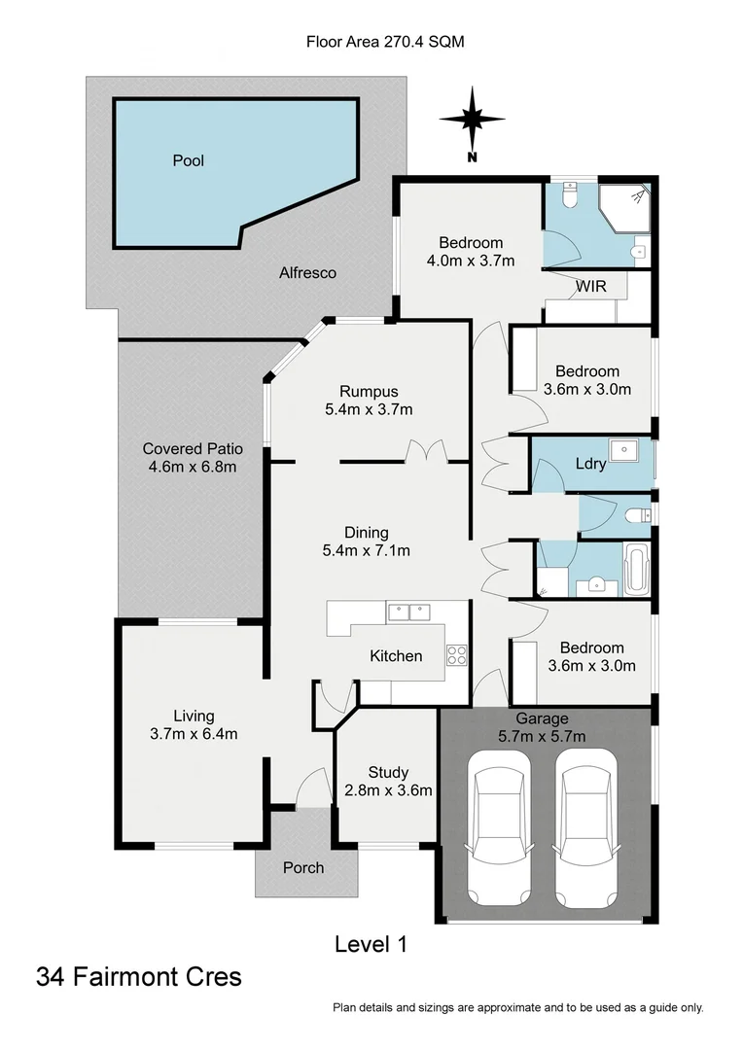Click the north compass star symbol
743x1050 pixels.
click(x=472, y=120)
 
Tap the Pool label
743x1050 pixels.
click(x=188, y=160)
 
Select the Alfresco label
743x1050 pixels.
click(x=307, y=273)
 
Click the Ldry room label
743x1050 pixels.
click(x=591, y=464)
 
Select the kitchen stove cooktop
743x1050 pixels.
click(x=457, y=656)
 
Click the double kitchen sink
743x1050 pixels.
click(x=408, y=612)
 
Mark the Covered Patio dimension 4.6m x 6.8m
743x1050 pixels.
click(x=192, y=467)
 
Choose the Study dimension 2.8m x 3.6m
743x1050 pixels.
click(x=388, y=790)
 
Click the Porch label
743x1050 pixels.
click(x=302, y=867)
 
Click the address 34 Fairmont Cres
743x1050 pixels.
click(x=139, y=976)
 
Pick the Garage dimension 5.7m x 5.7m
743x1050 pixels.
click(x=544, y=736)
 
